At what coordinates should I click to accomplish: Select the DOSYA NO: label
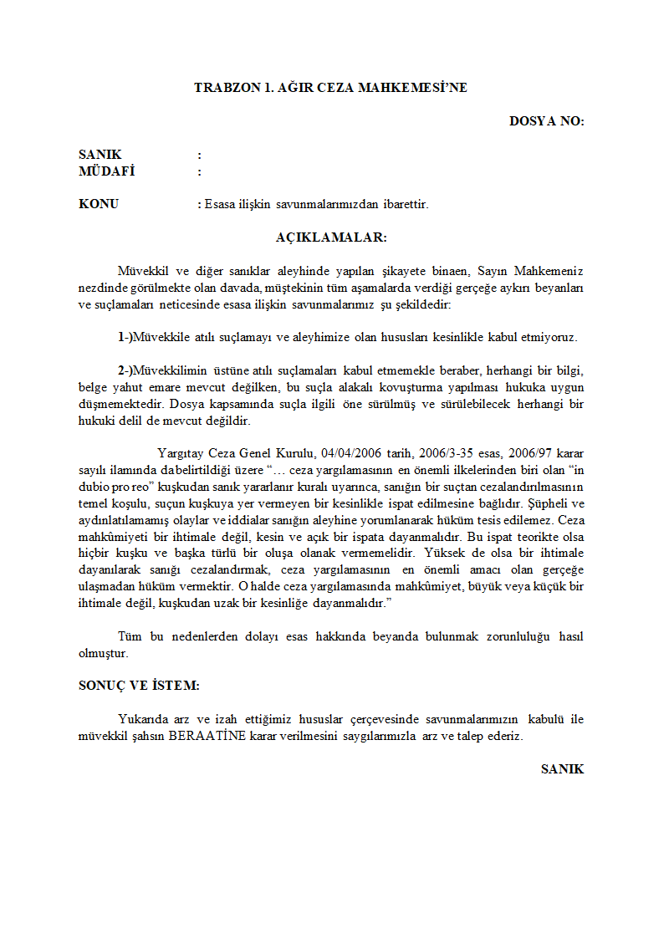click(546, 121)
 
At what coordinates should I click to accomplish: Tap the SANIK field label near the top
click(100, 155)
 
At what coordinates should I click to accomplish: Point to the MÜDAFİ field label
click(107, 172)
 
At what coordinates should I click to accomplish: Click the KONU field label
click(99, 204)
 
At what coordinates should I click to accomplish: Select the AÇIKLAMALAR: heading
click(331, 237)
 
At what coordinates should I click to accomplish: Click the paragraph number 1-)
click(125, 338)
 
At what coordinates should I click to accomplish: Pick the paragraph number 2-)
click(125, 370)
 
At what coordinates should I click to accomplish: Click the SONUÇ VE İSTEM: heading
click(139, 685)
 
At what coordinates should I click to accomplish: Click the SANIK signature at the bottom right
click(562, 769)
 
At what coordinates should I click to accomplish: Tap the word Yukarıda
click(145, 719)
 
